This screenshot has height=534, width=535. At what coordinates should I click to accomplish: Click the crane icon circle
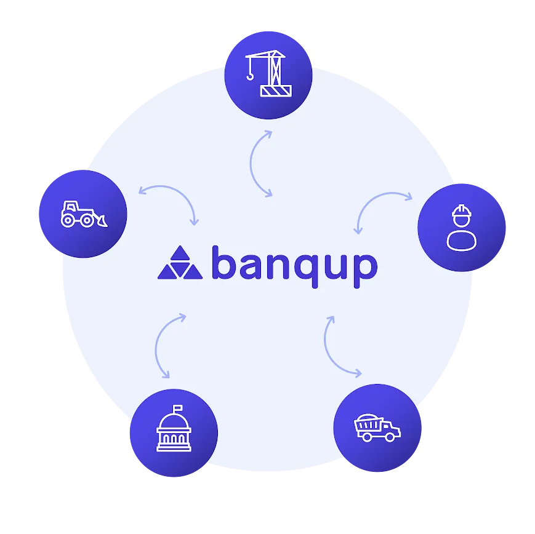tap(268, 75)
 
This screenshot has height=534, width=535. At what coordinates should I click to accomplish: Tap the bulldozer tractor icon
tap(84, 214)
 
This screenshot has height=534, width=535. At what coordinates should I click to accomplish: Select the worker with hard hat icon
tap(462, 228)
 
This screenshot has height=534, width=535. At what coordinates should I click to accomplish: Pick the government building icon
tap(174, 428)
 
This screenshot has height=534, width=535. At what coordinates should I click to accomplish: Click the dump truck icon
tap(377, 428)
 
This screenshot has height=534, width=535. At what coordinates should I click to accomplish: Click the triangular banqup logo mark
tap(180, 263)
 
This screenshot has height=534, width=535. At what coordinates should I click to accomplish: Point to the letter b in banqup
tap(223, 262)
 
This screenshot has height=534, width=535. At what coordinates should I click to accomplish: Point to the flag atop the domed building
tap(178, 408)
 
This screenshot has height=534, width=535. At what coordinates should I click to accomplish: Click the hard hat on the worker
tap(462, 211)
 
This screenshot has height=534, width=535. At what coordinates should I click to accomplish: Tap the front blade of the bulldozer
tap(102, 221)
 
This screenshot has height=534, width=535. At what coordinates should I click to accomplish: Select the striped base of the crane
tap(276, 91)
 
